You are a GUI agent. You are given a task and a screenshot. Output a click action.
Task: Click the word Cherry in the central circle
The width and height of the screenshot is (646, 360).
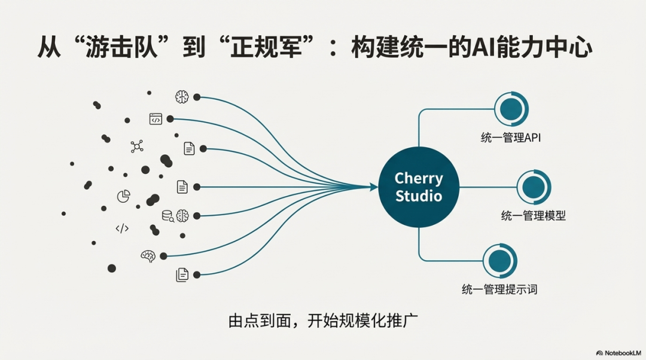[x=419, y=178]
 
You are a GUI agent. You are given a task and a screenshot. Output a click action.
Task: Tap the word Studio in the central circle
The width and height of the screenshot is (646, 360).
[x=419, y=196]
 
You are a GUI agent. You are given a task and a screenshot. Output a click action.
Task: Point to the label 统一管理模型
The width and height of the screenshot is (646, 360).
[x=533, y=216]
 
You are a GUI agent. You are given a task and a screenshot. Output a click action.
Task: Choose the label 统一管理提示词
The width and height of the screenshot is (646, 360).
[x=499, y=289]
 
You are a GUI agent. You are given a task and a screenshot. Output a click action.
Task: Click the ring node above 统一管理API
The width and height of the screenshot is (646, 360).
[x=511, y=108]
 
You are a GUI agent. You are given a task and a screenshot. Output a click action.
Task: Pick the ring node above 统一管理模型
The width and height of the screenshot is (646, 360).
[x=534, y=187]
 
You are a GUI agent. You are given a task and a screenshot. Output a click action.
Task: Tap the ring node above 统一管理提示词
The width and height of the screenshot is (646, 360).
[x=499, y=260]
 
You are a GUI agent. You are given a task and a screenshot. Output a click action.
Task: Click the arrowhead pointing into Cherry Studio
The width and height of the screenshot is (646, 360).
[x=373, y=187]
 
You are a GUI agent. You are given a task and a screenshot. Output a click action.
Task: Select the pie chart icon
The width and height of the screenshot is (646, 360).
[x=123, y=196]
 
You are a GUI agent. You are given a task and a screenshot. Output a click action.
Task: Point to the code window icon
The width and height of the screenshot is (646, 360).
[x=156, y=119]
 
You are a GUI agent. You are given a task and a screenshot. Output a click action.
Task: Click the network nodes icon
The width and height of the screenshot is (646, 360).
[x=137, y=146]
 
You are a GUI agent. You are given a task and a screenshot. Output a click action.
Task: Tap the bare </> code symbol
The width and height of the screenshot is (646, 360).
[x=121, y=228]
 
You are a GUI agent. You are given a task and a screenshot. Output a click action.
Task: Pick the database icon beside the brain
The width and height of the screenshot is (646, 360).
[x=167, y=215]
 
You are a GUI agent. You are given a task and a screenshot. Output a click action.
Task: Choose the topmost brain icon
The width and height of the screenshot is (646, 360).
[x=181, y=97]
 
